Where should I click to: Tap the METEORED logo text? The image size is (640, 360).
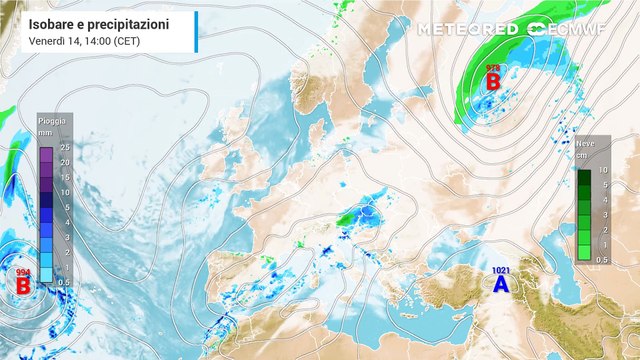pos(467,29)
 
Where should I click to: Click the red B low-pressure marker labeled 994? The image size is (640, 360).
pos(22,286)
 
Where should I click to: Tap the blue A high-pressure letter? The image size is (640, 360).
pos(501,285)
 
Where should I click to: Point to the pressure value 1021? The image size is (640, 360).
pos(501,270)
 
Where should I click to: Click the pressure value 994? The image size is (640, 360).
pos(22,272)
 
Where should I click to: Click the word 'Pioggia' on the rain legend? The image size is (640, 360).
pos(52,121)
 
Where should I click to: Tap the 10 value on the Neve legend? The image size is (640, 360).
pos(603,171)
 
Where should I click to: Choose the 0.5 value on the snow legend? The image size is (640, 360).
pos(604,260)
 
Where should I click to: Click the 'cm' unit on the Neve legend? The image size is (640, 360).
pos(581,155)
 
